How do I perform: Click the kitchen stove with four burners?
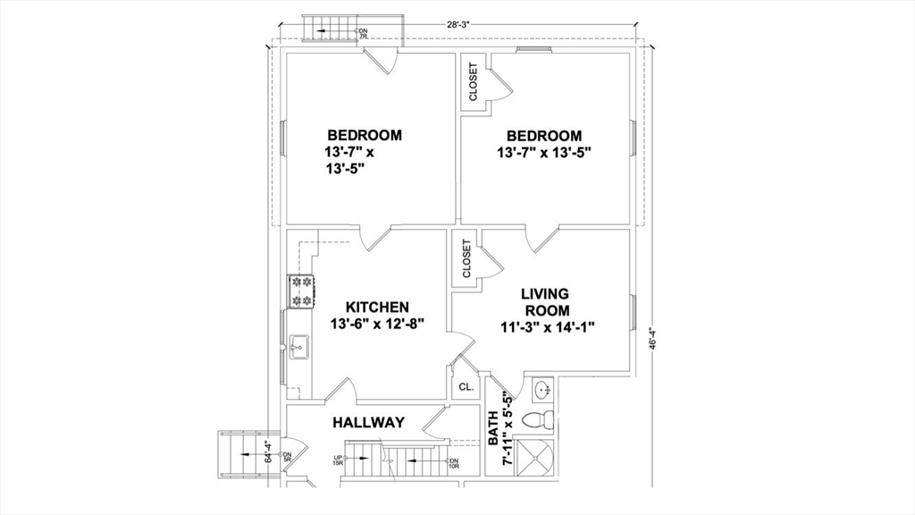[x=301, y=291]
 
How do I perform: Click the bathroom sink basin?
[x=541, y=391]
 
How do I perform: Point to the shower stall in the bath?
[x=538, y=460]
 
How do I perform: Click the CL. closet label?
[x=466, y=387]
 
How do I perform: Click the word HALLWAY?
[x=369, y=422]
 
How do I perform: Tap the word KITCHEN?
[x=377, y=307]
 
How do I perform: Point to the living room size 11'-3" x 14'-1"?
[x=547, y=327]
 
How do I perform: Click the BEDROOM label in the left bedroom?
[x=364, y=135]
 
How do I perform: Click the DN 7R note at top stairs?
[x=363, y=34]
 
